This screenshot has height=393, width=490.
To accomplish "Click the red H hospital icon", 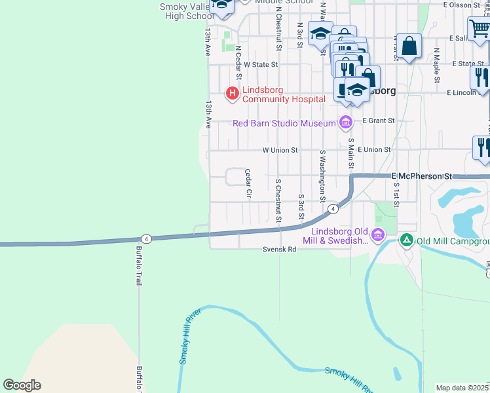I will pos(231,94).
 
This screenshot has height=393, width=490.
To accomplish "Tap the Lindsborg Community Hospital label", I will pos(284,94).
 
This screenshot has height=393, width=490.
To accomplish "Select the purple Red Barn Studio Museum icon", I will pos(346,122).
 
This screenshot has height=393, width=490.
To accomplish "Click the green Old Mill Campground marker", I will pos(406,241).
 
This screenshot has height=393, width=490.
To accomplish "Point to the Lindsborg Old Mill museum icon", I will pos(377,235).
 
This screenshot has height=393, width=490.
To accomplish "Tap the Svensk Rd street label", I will pos(280,250).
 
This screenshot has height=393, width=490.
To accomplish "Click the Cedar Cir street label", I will pos(248,183).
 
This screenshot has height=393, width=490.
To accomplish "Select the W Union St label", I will pos(280,150).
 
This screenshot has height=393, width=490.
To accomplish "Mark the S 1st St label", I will pos(396,195).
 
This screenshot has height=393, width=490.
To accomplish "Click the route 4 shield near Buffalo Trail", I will pos(146,238).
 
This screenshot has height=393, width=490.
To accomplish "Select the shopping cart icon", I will pos(480,29).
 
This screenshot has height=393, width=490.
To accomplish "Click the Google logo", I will pos(22,385).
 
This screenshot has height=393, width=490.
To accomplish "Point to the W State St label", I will pos(261,65).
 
